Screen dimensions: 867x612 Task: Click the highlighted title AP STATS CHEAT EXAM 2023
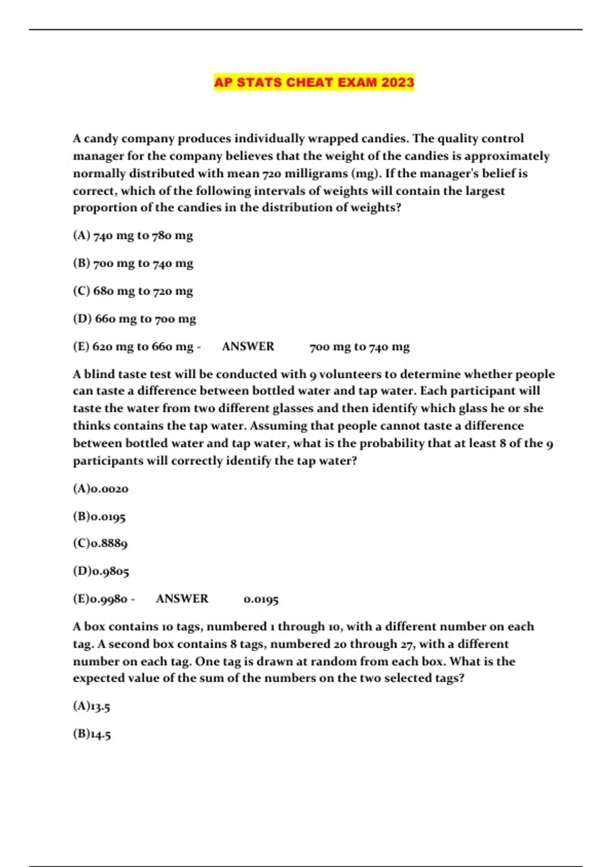[x=314, y=83]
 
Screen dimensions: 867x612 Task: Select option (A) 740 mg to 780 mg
[x=133, y=236]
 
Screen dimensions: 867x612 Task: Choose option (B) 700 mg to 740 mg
[x=133, y=264]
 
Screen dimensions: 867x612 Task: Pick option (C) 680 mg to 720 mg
[x=133, y=291]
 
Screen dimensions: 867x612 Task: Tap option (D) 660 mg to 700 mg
[x=135, y=319]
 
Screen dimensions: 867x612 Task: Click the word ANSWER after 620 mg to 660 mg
[x=248, y=347]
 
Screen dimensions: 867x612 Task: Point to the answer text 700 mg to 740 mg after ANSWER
[x=360, y=347]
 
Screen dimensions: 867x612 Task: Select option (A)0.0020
[x=101, y=489]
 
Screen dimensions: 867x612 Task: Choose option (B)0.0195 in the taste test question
[x=99, y=517]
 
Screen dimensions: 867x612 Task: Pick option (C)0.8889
[x=100, y=544]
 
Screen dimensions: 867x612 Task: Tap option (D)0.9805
[x=101, y=572]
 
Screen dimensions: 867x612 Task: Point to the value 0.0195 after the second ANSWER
[x=261, y=600]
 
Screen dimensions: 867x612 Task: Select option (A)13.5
[x=92, y=707]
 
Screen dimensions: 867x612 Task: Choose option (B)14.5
[x=92, y=735]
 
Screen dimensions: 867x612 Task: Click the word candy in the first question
[x=101, y=139]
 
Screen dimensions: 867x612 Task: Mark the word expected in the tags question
[x=98, y=679]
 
